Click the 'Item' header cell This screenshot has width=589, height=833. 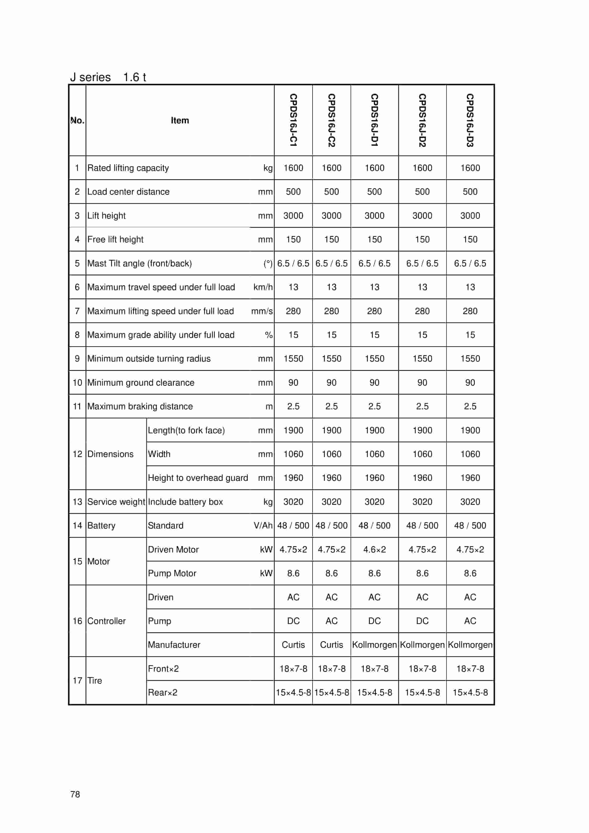180,120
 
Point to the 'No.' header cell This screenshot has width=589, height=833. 77,120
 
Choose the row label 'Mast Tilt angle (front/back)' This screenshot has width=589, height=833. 140,263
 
